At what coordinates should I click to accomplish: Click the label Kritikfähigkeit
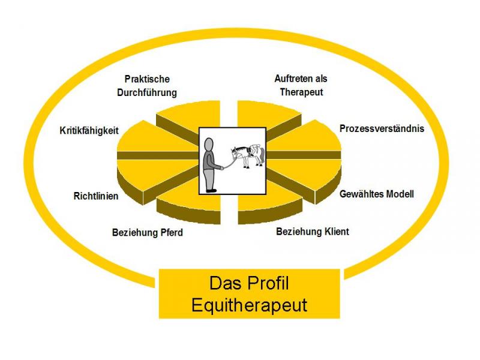(89, 131)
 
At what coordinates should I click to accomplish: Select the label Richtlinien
(96, 196)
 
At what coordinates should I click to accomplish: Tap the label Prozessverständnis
(382, 128)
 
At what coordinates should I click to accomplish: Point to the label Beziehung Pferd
(147, 232)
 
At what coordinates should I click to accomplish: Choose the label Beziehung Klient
(313, 232)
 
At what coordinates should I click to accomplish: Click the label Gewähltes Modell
(377, 194)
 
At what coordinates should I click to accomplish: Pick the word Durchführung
(147, 92)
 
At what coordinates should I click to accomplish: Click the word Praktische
(147, 79)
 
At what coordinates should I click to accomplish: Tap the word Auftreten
(292, 79)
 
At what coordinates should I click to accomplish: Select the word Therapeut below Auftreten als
(301, 92)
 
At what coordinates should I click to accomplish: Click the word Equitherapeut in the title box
(249, 305)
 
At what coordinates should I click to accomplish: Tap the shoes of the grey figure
(211, 190)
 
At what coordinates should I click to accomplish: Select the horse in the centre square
(247, 157)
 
